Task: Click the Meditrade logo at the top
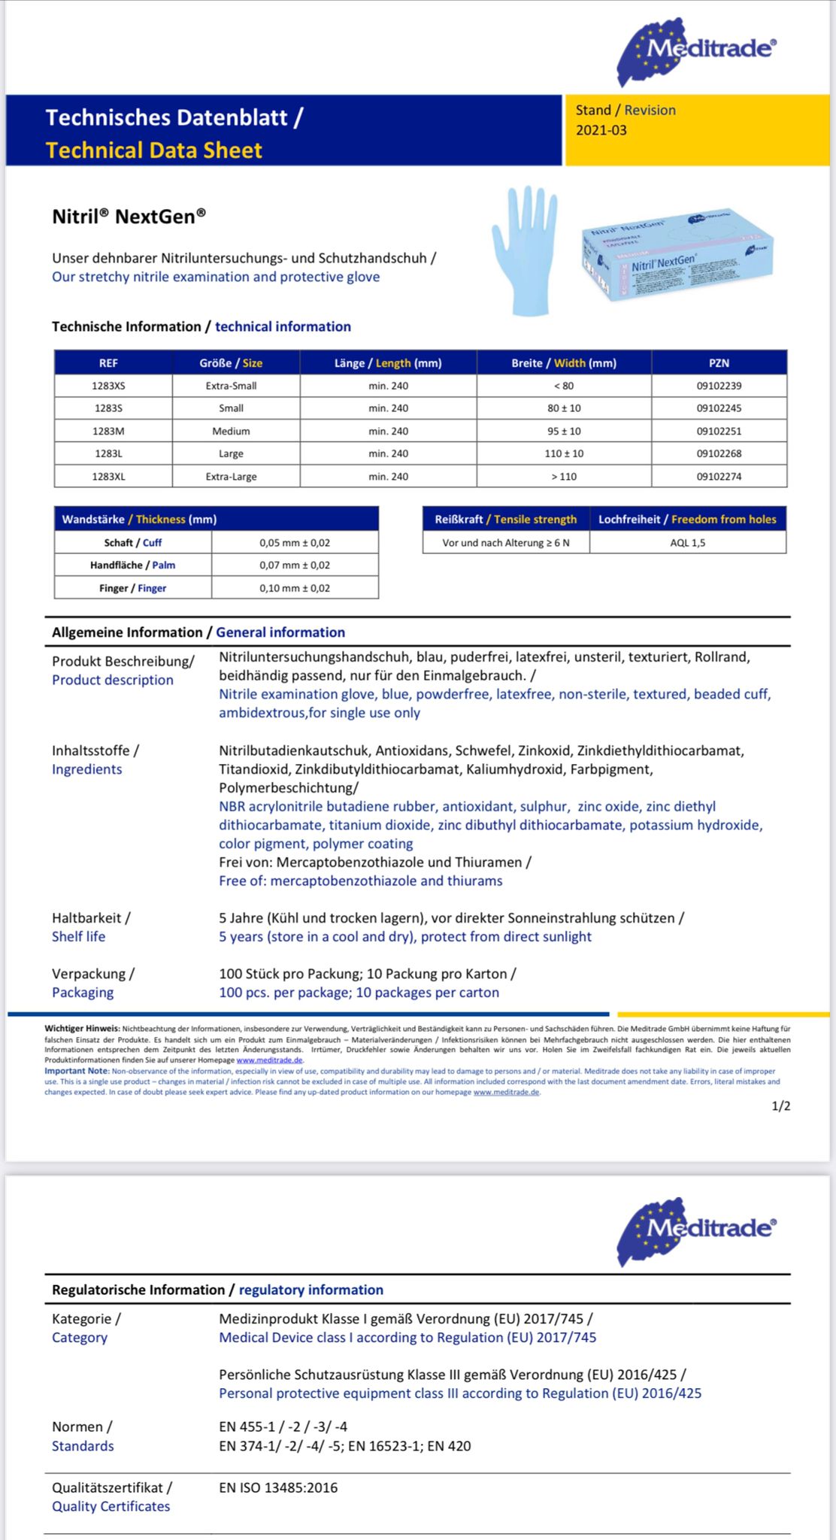click(x=696, y=50)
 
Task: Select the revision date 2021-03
click(x=601, y=130)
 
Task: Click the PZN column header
click(x=719, y=363)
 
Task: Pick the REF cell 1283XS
click(x=108, y=386)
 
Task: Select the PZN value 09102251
click(x=719, y=431)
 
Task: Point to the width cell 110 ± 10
click(x=564, y=453)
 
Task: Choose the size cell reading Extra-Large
click(x=231, y=476)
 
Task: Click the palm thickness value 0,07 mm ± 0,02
click(x=295, y=565)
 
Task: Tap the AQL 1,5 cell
click(x=687, y=542)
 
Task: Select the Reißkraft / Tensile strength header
click(x=505, y=519)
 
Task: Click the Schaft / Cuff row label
click(x=132, y=542)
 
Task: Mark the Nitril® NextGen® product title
click(x=129, y=217)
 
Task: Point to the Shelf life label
click(x=78, y=936)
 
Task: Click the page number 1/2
click(x=780, y=1106)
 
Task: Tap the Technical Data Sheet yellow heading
click(x=154, y=150)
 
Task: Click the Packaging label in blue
click(x=83, y=993)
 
